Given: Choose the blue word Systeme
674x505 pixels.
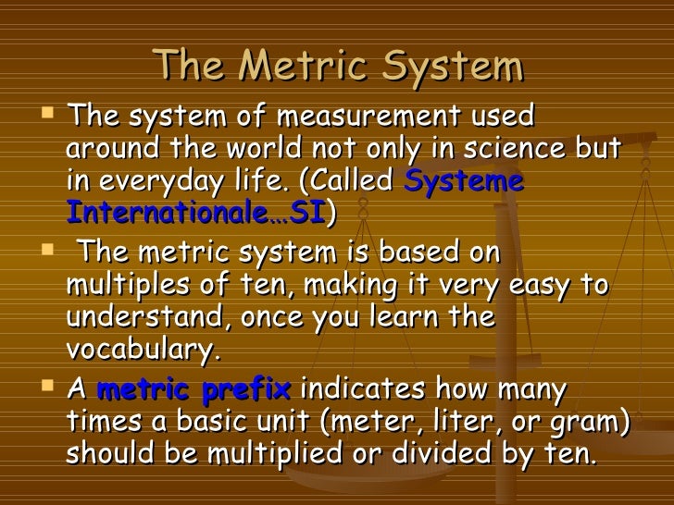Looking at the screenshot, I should pyautogui.click(x=465, y=181).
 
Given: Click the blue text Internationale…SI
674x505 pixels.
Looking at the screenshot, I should pyautogui.click(x=195, y=212).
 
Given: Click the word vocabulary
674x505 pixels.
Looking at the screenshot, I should pyautogui.click(x=144, y=350).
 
